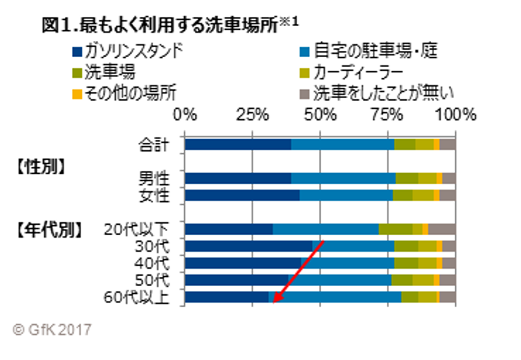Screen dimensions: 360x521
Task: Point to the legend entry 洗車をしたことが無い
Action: [379, 94]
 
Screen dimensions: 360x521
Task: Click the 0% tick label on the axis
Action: [185, 115]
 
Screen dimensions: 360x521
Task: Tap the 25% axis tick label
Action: [251, 115]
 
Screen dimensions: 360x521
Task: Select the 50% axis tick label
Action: [320, 115]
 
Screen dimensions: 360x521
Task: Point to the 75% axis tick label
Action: [388, 115]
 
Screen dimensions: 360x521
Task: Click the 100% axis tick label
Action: [455, 115]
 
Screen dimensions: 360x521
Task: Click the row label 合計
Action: [153, 145]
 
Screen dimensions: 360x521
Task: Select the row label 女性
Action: [153, 196]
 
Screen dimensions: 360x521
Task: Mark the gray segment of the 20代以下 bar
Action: [442, 229]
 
